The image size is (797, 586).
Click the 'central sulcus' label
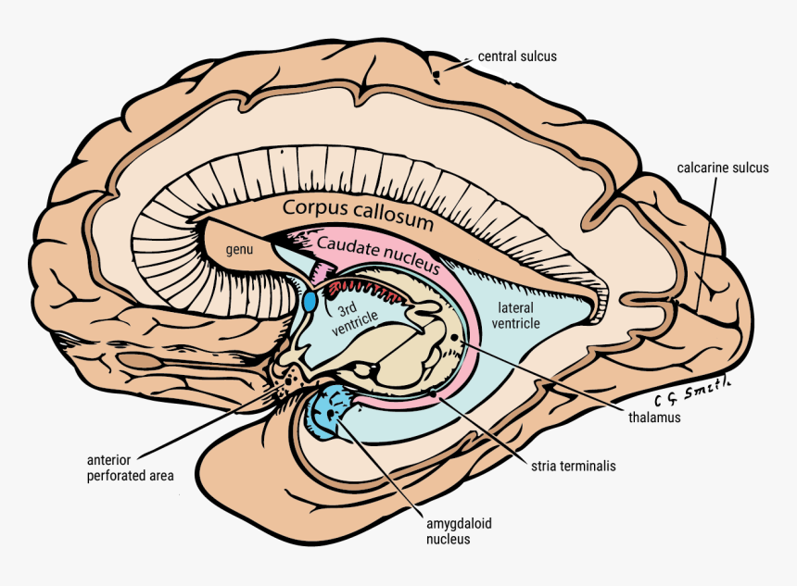[x=516, y=56]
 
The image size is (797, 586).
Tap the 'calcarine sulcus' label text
[x=722, y=168]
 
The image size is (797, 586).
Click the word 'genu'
[x=240, y=249]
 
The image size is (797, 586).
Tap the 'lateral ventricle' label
[x=517, y=315]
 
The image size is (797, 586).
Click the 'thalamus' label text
[x=654, y=418]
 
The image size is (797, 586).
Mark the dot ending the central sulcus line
[x=437, y=73]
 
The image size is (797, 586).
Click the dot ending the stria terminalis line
[x=433, y=394]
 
